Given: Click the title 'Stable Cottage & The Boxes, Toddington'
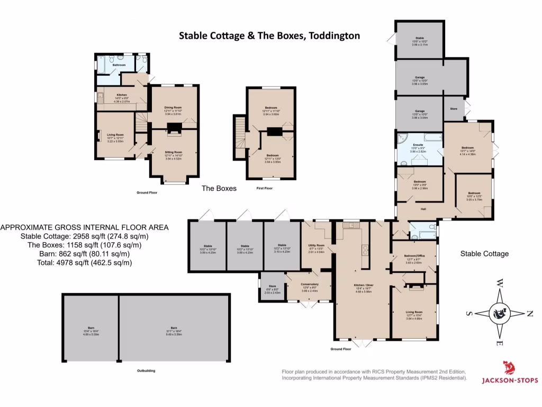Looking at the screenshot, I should pos(269,36).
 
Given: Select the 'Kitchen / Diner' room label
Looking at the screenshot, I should pos(364,285).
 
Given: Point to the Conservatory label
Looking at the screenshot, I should pos(309,285).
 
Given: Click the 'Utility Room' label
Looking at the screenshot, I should pos(316,245).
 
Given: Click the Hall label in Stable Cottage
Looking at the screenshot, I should pos(423,209).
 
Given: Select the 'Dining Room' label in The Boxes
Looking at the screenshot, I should pos(174,108).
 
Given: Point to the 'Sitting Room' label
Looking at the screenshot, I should pos(174,152).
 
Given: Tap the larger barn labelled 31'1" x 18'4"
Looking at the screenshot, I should pos(174,329).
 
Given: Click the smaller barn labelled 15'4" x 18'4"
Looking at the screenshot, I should pos(91,329).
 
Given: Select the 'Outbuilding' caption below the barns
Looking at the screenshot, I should pos(146,370).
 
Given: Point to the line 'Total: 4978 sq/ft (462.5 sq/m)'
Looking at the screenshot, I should pos(76,262).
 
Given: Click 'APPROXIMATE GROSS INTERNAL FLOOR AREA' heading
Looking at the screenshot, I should pos(85,227).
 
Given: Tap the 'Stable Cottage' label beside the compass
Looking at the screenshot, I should pos(484,254).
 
